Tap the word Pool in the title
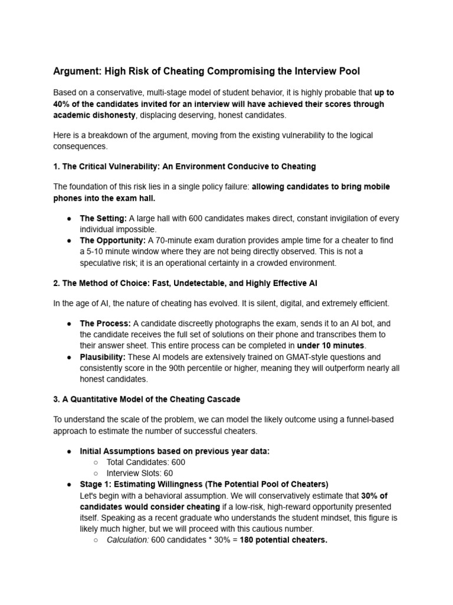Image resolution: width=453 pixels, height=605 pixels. point(348,71)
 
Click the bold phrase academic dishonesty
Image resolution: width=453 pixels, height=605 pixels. point(94,115)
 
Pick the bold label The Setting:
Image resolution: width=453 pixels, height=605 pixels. point(103,219)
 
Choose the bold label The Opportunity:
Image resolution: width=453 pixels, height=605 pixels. point(113,240)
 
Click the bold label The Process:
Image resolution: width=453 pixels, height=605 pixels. point(105,324)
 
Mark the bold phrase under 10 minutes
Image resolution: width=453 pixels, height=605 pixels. point(331,345)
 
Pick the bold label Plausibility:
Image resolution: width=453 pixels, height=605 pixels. point(103,357)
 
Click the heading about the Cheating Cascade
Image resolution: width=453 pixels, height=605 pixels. point(147,399)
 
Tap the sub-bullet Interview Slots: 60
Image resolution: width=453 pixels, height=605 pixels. point(140,473)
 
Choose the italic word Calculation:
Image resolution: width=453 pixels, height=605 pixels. point(127,540)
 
